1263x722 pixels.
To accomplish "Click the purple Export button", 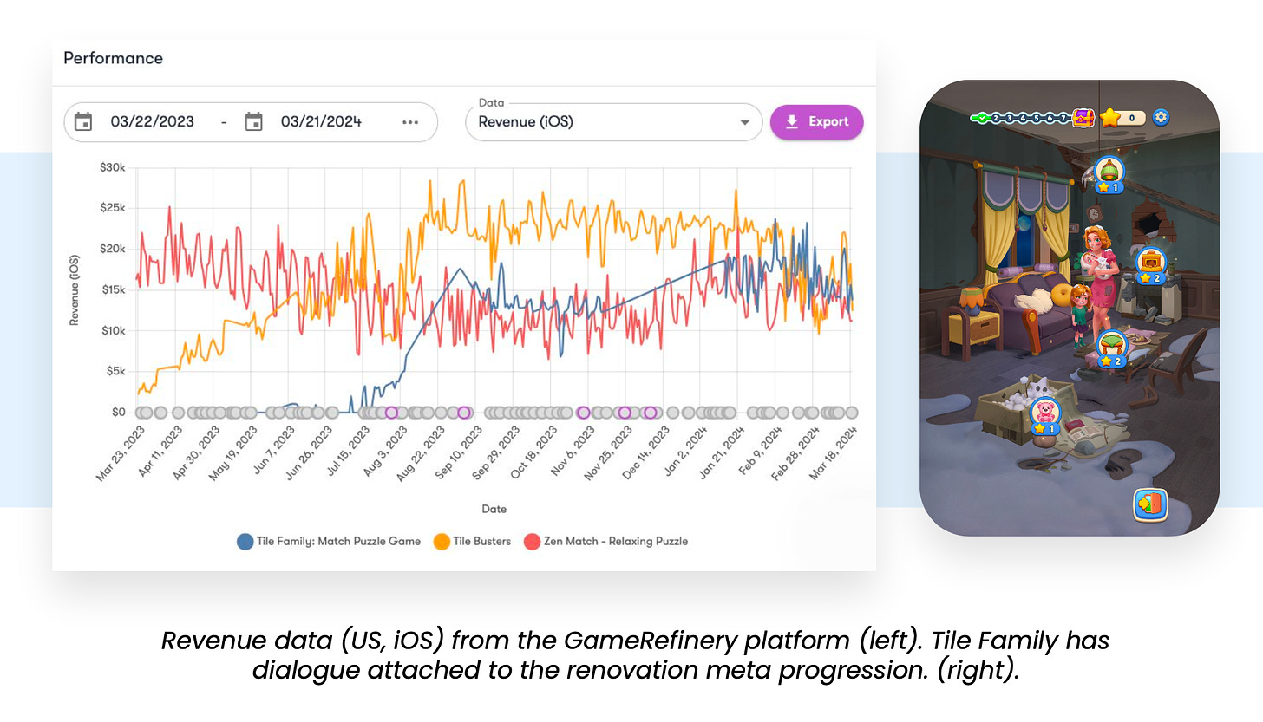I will click(x=816, y=122).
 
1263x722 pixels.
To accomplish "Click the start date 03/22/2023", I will click(x=152, y=122).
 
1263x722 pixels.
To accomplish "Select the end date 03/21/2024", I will click(x=321, y=122).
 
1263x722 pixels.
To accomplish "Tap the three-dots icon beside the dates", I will click(x=410, y=122).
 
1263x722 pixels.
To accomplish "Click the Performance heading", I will click(x=113, y=58).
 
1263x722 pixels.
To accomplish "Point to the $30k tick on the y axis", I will click(x=113, y=167).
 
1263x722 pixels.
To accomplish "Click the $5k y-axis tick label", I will click(x=115, y=371).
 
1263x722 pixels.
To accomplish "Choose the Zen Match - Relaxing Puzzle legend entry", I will click(x=606, y=541).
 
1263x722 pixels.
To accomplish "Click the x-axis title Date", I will click(x=494, y=509).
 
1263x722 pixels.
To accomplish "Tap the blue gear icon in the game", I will click(x=1160, y=117).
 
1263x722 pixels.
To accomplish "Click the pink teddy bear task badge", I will click(x=1045, y=413).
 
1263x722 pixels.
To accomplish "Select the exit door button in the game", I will click(x=1150, y=504).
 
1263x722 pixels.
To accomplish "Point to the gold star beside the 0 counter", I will click(x=1110, y=118).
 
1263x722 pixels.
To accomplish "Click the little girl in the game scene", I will click(x=1079, y=313).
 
